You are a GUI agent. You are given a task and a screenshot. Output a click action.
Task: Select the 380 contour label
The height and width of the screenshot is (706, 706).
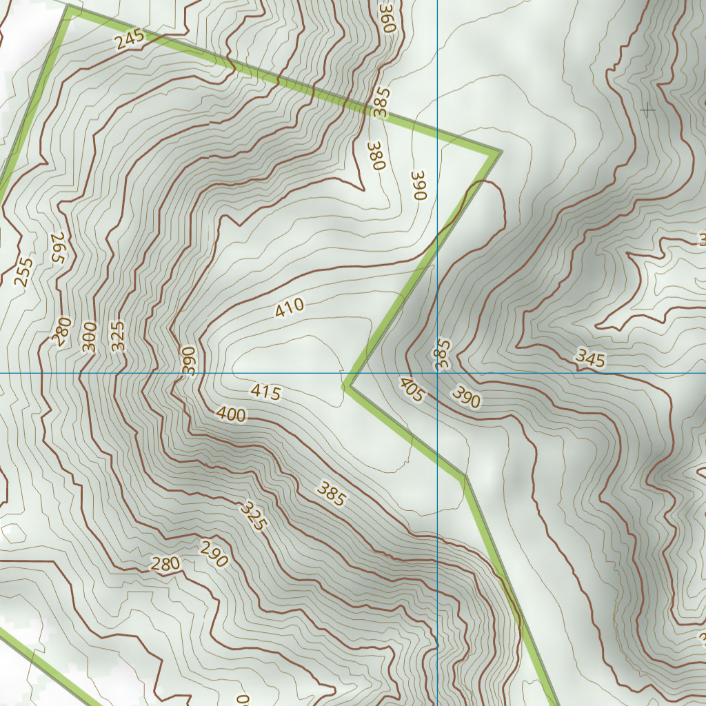click(x=375, y=156)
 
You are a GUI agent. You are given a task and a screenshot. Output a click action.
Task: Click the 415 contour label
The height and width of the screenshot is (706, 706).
click(x=265, y=392)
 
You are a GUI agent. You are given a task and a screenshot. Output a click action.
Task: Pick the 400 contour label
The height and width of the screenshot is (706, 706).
click(x=231, y=414)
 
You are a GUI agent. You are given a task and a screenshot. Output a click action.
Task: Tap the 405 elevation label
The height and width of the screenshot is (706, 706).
click(x=412, y=390)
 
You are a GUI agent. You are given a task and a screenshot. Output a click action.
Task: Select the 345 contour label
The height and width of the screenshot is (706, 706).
click(x=590, y=358)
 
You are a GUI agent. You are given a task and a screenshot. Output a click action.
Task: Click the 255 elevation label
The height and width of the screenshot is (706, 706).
click(x=24, y=272)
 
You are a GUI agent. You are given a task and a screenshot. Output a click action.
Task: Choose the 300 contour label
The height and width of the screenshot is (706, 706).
click(x=89, y=337)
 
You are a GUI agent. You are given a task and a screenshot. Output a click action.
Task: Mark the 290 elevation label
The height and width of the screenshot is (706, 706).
click(x=214, y=554)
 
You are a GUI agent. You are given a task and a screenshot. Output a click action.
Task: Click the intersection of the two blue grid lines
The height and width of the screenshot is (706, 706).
click(x=438, y=373)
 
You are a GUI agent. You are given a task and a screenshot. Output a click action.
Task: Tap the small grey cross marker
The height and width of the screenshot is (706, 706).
click(x=648, y=110)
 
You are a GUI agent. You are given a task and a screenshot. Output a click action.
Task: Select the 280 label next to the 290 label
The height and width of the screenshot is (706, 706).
click(x=165, y=564)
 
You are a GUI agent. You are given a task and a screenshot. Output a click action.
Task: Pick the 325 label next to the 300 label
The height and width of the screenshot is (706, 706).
click(x=118, y=336)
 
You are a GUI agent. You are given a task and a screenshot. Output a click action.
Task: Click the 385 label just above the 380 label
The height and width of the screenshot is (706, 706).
click(x=381, y=102)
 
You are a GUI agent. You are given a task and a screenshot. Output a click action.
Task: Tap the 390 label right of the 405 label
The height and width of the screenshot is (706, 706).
click(x=467, y=397)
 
